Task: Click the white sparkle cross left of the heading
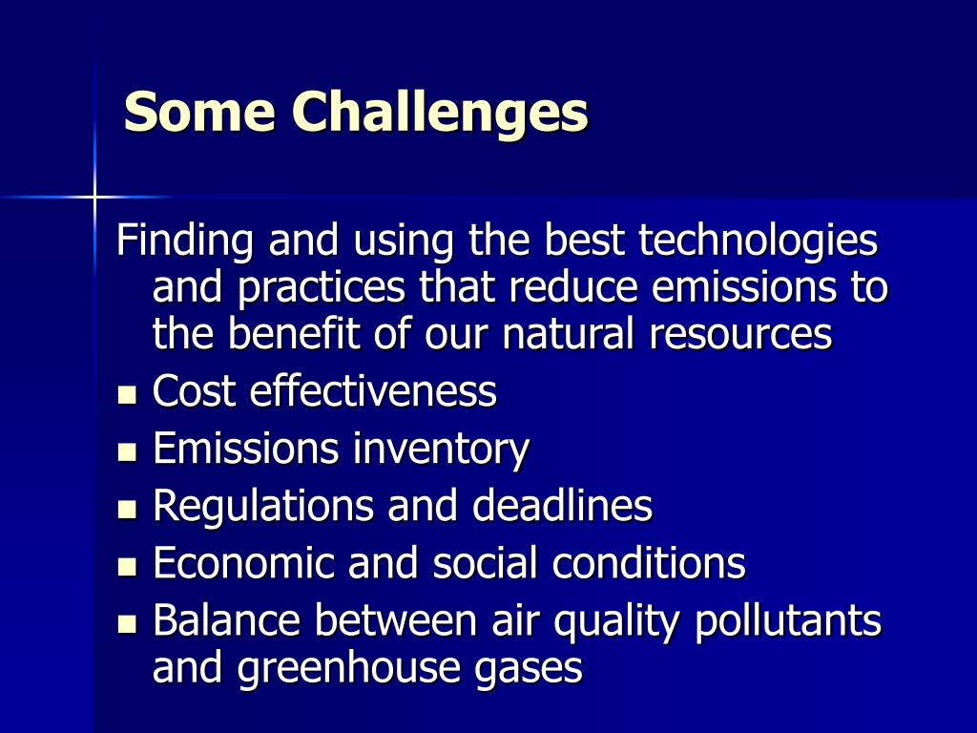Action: [x=94, y=198]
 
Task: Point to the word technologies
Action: [x=758, y=241]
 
